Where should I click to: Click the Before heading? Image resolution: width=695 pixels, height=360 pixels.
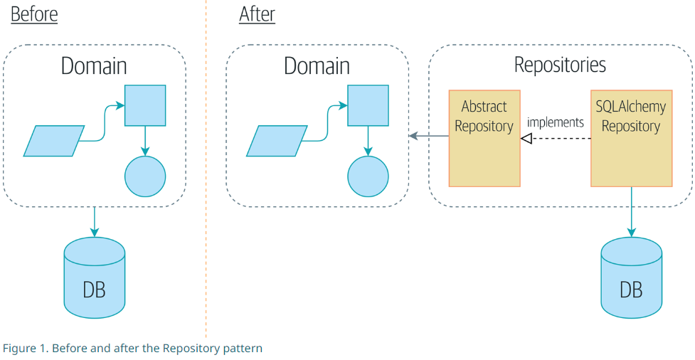(x=34, y=14)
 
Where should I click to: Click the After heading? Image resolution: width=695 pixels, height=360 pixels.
(x=257, y=14)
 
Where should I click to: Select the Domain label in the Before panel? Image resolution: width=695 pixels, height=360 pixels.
(x=94, y=66)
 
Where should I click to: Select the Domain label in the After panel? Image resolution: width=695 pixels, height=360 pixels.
(x=317, y=66)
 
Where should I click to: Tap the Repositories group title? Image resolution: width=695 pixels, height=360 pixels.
(x=560, y=65)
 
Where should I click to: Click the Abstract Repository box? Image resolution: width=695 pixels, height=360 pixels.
(x=484, y=138)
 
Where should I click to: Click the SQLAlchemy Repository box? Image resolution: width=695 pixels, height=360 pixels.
(x=631, y=138)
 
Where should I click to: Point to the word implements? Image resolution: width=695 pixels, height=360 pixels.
(x=555, y=122)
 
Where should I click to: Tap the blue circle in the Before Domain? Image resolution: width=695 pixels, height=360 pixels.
(x=145, y=176)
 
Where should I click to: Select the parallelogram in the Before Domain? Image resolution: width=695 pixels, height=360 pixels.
(x=54, y=141)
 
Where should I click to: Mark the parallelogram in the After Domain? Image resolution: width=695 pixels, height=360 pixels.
(x=277, y=141)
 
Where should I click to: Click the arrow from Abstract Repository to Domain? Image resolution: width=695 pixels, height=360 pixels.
(x=428, y=136)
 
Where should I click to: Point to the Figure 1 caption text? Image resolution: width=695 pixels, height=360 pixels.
(x=132, y=349)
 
